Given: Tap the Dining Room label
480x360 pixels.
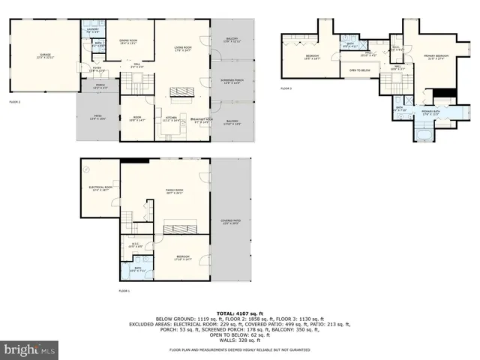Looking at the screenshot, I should [x=129, y=41].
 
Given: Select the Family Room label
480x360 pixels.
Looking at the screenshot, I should [x=175, y=192].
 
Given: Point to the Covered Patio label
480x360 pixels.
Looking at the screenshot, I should [x=231, y=222].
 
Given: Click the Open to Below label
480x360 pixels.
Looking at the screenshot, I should [x=360, y=70].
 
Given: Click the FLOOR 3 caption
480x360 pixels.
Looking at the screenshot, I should [x=286, y=88].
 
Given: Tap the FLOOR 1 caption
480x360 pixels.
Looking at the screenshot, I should [x=124, y=290].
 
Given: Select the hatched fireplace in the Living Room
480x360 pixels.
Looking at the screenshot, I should [x=181, y=93].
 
